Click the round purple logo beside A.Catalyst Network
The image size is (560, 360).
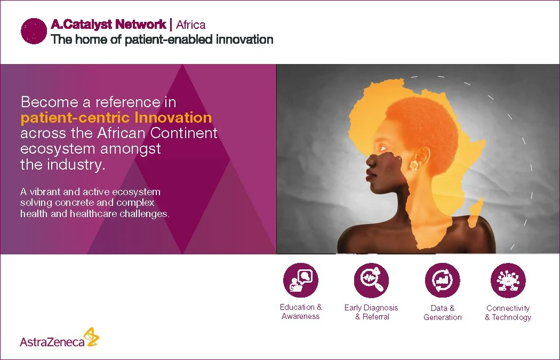coord(34,31)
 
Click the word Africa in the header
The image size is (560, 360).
coord(190,25)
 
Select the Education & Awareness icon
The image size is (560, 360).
coord(300,280)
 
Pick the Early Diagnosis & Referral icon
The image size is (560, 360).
coord(371,280)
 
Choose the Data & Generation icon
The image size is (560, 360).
coord(442,280)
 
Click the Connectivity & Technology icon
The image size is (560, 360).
coord(508,280)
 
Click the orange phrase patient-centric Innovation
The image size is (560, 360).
coord(116,117)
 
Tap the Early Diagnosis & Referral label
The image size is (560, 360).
coord(371,312)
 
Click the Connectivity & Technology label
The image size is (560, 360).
coord(508,313)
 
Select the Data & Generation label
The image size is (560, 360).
coord(442,313)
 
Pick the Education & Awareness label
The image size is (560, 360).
coord(300,311)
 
